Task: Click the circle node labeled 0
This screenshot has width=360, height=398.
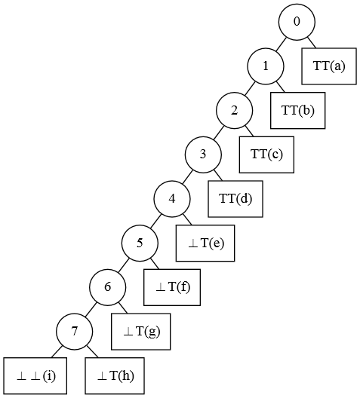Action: [x=297, y=22]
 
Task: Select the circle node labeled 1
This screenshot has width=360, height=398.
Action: [x=266, y=66]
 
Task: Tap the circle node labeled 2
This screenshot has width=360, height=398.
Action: [x=234, y=110]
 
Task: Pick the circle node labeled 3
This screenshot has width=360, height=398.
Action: [x=203, y=155]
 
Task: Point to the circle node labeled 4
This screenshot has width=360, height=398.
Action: [x=172, y=199]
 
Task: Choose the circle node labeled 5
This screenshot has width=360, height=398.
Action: [x=140, y=243]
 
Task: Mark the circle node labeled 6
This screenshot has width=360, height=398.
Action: [x=107, y=287]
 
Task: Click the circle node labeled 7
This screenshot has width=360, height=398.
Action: [x=75, y=332]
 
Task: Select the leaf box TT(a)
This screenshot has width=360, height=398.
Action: [x=329, y=66]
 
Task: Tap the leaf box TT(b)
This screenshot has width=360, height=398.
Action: [x=298, y=110]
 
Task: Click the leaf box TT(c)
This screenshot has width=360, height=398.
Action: [x=266, y=155]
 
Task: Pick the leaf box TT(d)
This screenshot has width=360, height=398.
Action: [x=235, y=199]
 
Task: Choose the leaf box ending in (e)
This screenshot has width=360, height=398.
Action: [x=205, y=243]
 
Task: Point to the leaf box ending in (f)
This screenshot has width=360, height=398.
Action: [x=172, y=287]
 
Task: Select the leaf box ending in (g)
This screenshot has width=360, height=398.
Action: [x=141, y=332]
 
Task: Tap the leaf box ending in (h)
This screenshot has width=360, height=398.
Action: [x=115, y=375]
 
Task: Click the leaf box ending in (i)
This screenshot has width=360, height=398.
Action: [x=35, y=375]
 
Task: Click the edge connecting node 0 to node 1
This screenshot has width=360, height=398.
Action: [x=281, y=44]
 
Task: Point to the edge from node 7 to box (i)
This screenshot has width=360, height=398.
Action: [x=58, y=351]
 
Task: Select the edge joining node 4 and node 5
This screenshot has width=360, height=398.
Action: [x=155, y=221]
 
